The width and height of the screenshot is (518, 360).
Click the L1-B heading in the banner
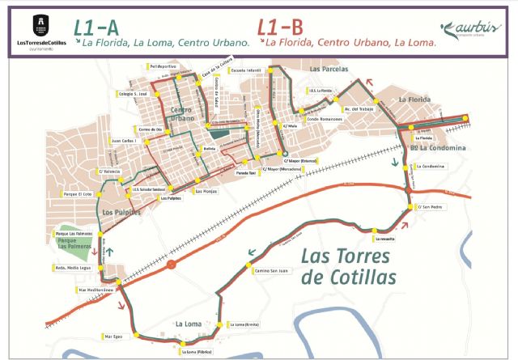274,26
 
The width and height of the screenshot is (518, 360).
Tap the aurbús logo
471,29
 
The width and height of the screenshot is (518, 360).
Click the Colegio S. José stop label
134,94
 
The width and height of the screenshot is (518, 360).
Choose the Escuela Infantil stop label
247,70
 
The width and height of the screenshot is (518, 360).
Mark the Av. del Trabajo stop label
359,109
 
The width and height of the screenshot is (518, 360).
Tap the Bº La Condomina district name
438,148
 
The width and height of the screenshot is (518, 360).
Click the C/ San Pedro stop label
431,207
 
